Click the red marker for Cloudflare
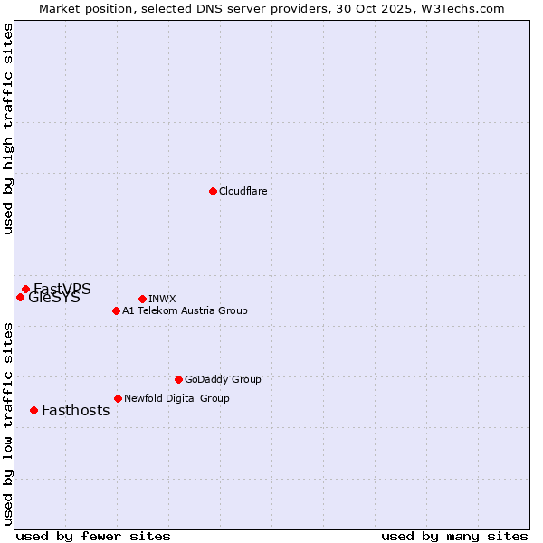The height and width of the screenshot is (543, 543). [213, 191]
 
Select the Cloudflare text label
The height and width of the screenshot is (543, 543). [243, 191]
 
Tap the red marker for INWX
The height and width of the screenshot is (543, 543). [142, 299]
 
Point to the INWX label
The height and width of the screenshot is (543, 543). [162, 299]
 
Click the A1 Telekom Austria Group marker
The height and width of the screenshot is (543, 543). [116, 310]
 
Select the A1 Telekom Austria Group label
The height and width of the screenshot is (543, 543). [185, 310]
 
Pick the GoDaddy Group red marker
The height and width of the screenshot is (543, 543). [178, 379]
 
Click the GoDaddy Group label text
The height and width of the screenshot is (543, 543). [223, 379]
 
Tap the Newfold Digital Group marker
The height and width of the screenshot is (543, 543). [118, 398]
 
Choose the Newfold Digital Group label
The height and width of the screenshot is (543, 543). [176, 398]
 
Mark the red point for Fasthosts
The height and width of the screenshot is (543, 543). [33, 410]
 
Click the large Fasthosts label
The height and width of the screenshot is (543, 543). [75, 410]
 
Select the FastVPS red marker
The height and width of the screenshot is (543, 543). [25, 289]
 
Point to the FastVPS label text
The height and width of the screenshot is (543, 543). [63, 288]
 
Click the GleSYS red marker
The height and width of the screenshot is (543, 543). [20, 297]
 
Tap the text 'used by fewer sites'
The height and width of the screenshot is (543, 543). [93, 536]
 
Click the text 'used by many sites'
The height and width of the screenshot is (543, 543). [454, 536]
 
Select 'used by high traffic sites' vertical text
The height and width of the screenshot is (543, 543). [9, 129]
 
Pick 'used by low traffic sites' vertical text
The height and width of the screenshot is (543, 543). [9, 424]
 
